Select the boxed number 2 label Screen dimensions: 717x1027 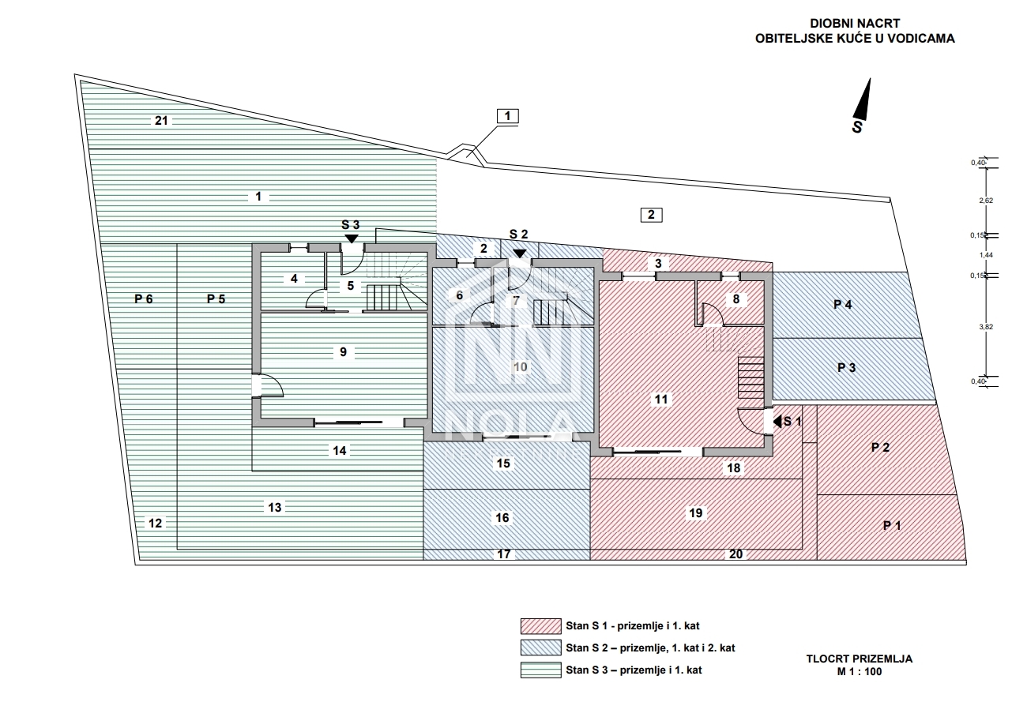[x=650, y=214]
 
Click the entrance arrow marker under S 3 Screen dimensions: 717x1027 [x=351, y=238]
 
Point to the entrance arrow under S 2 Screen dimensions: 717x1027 [x=519, y=252]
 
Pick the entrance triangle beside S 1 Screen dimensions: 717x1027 [x=777, y=422]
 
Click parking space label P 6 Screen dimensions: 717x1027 [x=143, y=298]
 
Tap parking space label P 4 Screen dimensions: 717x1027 [x=843, y=304]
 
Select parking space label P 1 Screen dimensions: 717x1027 [x=892, y=525]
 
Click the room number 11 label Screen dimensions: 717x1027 [x=661, y=400]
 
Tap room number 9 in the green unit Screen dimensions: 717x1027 [x=343, y=352]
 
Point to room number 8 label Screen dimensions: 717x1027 [x=736, y=299]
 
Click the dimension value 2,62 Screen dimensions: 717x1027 [x=985, y=201]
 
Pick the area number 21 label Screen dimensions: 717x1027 [x=162, y=121]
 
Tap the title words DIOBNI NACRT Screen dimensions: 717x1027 [x=855, y=24]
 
